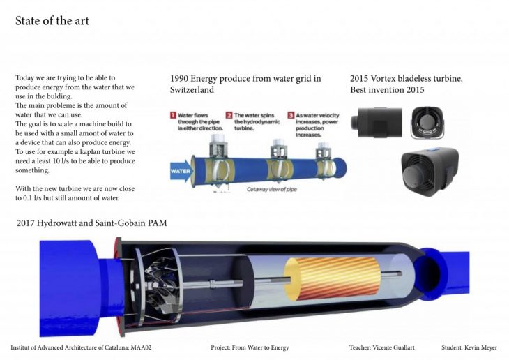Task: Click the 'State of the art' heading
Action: (x=52, y=21)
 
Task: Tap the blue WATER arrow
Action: (x=181, y=170)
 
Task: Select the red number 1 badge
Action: (x=174, y=115)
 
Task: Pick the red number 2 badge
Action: (x=229, y=115)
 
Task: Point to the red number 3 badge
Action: (x=291, y=115)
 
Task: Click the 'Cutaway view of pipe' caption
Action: (x=272, y=189)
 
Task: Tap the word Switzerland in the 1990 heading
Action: (x=192, y=90)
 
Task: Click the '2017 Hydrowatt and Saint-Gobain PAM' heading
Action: (x=92, y=223)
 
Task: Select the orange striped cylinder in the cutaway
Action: (x=332, y=279)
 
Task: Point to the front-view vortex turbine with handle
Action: (x=427, y=123)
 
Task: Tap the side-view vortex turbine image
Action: (x=377, y=123)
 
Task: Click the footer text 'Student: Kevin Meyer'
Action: (x=469, y=347)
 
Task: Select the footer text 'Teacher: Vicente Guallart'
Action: (x=382, y=347)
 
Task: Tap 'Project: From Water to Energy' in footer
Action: (x=250, y=347)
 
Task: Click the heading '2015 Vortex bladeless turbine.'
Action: (x=407, y=78)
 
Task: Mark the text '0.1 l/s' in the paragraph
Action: (x=32, y=197)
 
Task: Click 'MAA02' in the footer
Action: (x=141, y=347)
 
